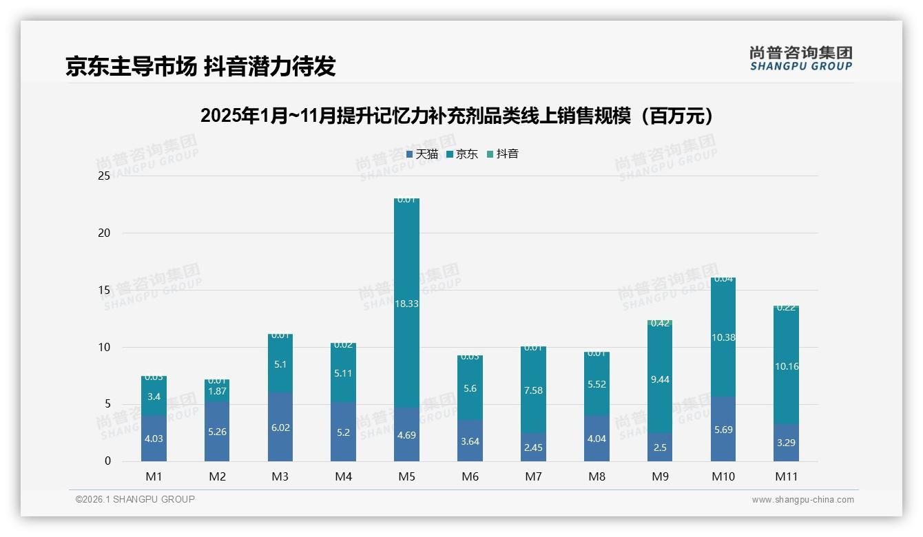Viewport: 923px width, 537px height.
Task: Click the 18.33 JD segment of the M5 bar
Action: click(406, 303)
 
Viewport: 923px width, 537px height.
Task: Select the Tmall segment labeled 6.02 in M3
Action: click(280, 428)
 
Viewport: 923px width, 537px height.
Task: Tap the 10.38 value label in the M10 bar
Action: click(723, 337)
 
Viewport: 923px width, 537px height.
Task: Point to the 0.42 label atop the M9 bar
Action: click(660, 323)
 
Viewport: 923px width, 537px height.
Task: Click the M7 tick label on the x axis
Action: click(533, 476)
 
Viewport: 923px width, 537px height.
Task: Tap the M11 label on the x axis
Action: click(786, 476)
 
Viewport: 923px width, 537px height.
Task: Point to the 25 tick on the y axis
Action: click(104, 176)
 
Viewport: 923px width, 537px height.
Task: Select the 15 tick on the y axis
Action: click(104, 290)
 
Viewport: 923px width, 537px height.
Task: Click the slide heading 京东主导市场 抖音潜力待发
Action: click(200, 66)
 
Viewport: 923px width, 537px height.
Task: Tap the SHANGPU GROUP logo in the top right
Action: click(800, 59)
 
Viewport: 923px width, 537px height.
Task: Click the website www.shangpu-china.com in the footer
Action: click(802, 500)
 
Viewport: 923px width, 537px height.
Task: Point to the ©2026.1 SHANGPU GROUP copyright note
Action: click(135, 499)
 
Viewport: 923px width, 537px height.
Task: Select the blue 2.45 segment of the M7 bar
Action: click(533, 447)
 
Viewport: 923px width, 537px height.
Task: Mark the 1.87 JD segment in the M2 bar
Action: click(217, 391)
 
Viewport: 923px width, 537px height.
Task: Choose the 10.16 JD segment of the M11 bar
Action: click(786, 366)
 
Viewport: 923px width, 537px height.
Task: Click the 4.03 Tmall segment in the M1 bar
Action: click(154, 439)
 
